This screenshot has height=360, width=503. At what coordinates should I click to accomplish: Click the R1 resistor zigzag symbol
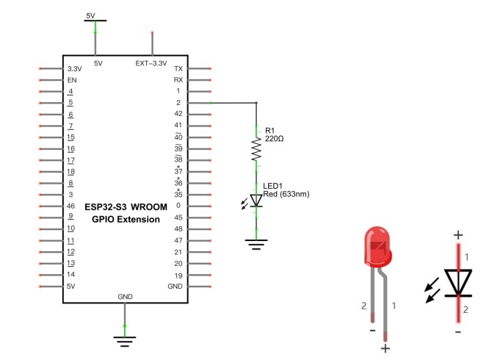coord(256,150)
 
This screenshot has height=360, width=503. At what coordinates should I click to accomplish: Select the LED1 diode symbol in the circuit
coord(256,200)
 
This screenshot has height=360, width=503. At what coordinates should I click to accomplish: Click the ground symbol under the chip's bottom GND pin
coord(125,339)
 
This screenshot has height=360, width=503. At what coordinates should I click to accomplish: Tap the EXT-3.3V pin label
coord(152,63)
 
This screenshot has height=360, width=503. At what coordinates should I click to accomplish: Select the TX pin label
coord(178,68)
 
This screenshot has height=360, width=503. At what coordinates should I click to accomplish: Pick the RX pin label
coord(178,79)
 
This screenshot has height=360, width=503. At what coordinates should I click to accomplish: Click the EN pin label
coord(72,79)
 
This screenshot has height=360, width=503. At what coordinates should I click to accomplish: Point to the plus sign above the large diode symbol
coord(458,236)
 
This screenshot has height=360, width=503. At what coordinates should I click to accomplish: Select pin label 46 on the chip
coord(71,205)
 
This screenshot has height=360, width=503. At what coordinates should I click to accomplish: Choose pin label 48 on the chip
coord(178,228)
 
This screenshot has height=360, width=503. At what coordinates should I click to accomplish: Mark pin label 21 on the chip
coord(178,251)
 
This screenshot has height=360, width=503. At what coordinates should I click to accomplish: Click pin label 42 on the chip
coord(178,114)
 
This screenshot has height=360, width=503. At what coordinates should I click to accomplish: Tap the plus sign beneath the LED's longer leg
coord(385,348)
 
